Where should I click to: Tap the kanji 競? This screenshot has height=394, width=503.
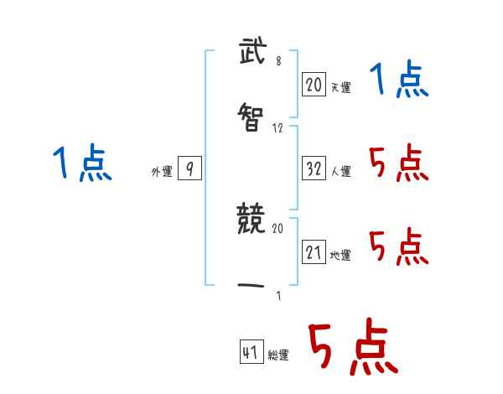[x=251, y=220]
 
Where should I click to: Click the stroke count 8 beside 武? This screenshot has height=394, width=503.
[x=278, y=61]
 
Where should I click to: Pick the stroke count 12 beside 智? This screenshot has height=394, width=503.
[x=278, y=128]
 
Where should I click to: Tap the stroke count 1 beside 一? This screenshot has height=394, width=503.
[x=278, y=294]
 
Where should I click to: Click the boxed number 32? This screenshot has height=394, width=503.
[x=314, y=168]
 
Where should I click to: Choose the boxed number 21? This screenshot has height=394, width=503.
[x=314, y=251]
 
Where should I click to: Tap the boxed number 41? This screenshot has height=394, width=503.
[x=250, y=353]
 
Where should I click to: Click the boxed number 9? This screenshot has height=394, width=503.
[x=189, y=169]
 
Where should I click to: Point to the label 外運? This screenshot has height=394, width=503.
[x=162, y=172]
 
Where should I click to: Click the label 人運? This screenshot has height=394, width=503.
[x=341, y=171]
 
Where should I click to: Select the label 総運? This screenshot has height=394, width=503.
[x=278, y=355]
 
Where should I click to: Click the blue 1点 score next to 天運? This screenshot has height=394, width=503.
[x=399, y=80]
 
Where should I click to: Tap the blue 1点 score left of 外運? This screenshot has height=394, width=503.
[x=82, y=163]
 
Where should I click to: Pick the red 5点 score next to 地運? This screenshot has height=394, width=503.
[x=399, y=247]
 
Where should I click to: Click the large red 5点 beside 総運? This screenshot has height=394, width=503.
[x=351, y=348]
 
